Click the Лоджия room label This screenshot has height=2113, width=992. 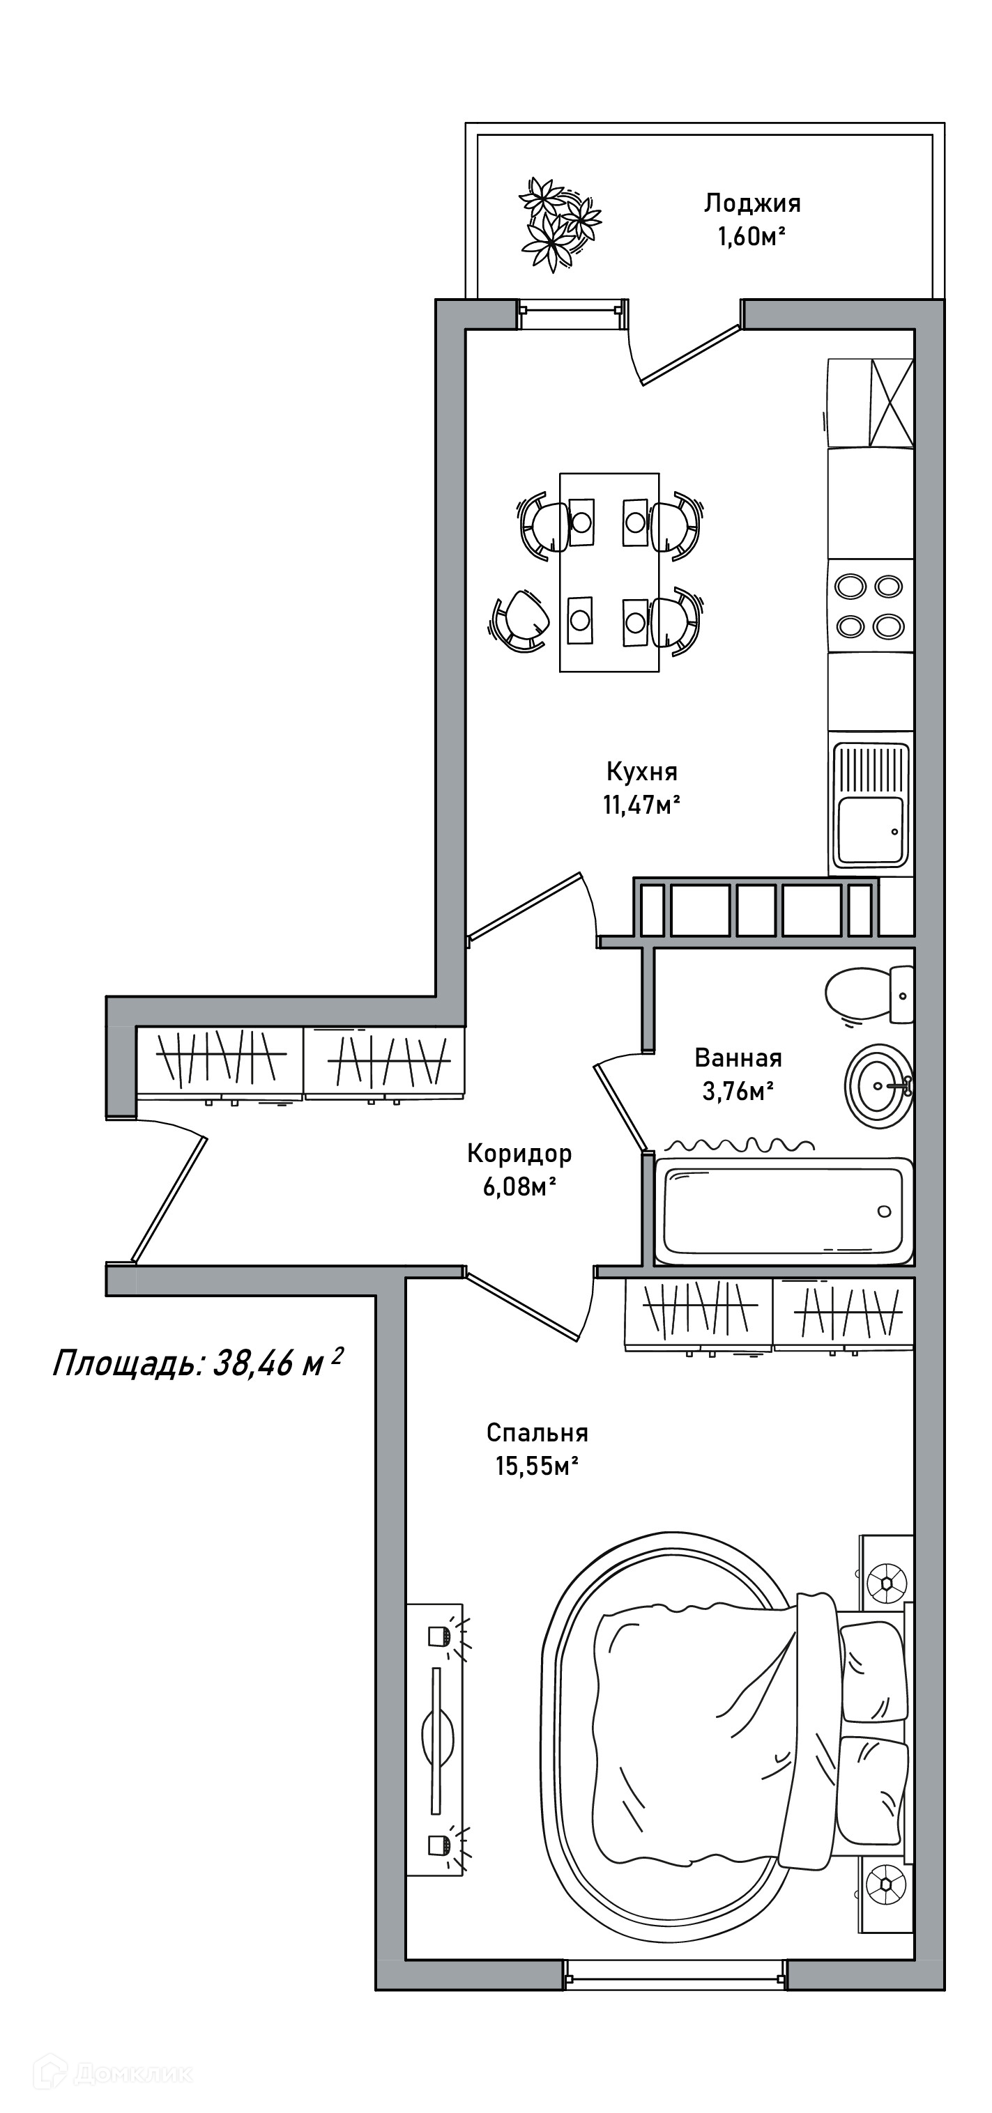tap(751, 203)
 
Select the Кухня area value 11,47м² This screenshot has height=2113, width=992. tap(641, 805)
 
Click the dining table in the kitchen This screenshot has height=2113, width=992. tap(609, 572)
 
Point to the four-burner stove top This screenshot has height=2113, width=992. tap(870, 605)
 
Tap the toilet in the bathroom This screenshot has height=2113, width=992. tap(869, 994)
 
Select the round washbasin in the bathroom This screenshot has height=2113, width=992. tap(879, 1085)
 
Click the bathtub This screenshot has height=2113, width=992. tap(784, 1211)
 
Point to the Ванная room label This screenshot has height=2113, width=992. tap(738, 1058)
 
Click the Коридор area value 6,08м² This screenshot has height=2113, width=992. tap(519, 1186)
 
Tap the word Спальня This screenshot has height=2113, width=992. tap(537, 1432)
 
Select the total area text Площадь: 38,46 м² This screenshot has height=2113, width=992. tap(197, 1364)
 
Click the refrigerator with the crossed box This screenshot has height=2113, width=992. tap(870, 403)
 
